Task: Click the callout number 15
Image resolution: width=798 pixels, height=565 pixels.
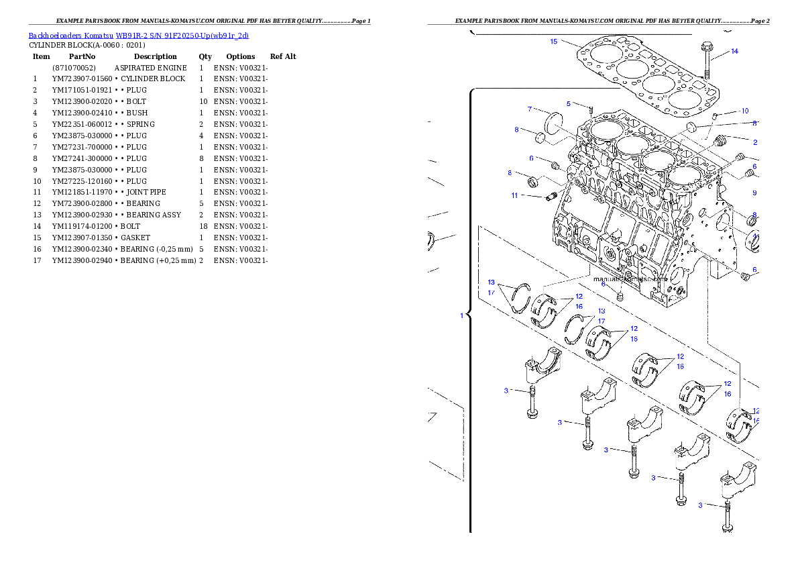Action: tap(553, 42)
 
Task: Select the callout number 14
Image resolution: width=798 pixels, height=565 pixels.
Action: tap(734, 52)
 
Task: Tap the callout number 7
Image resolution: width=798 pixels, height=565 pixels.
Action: tap(529, 109)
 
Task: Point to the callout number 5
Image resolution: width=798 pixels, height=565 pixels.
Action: tap(568, 104)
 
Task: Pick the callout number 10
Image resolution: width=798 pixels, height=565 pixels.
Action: tap(744, 111)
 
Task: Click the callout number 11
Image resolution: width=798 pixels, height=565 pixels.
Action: tap(514, 195)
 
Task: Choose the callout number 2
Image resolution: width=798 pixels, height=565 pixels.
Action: tap(754, 142)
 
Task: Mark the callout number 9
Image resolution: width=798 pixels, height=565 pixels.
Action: tap(754, 193)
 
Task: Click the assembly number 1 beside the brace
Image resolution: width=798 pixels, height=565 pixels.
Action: tap(461, 315)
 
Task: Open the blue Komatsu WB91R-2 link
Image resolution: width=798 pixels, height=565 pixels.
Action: tap(138, 36)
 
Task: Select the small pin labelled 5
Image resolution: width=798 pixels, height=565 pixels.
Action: tap(591, 109)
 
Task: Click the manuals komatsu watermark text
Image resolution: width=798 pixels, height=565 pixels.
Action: tap(630, 278)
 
